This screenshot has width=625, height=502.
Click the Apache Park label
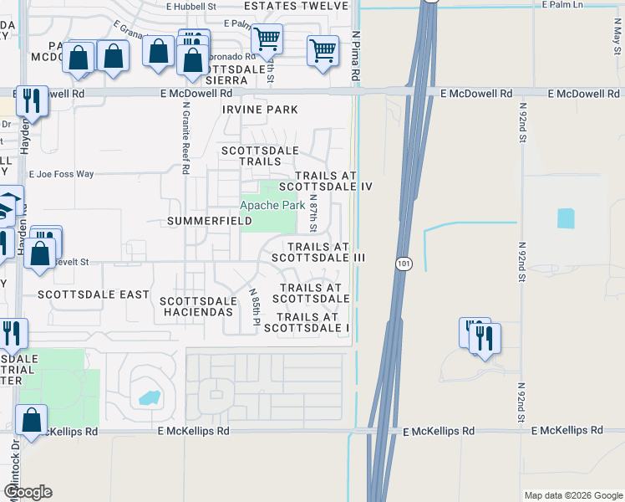click(x=272, y=205)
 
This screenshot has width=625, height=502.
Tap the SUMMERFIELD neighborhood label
click(x=210, y=221)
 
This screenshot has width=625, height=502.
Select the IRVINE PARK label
click(x=260, y=110)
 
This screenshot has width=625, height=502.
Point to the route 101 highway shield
click(x=404, y=264)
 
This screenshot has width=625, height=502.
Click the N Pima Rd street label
click(x=356, y=57)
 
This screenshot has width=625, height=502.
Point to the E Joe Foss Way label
click(x=61, y=176)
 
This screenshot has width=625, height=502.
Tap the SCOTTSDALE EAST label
click(x=94, y=295)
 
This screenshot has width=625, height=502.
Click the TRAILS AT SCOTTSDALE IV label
click(x=325, y=181)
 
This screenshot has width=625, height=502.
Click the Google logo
click(x=28, y=492)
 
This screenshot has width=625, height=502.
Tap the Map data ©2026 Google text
click(x=572, y=495)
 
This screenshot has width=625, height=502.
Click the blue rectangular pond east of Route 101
click(x=566, y=218)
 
